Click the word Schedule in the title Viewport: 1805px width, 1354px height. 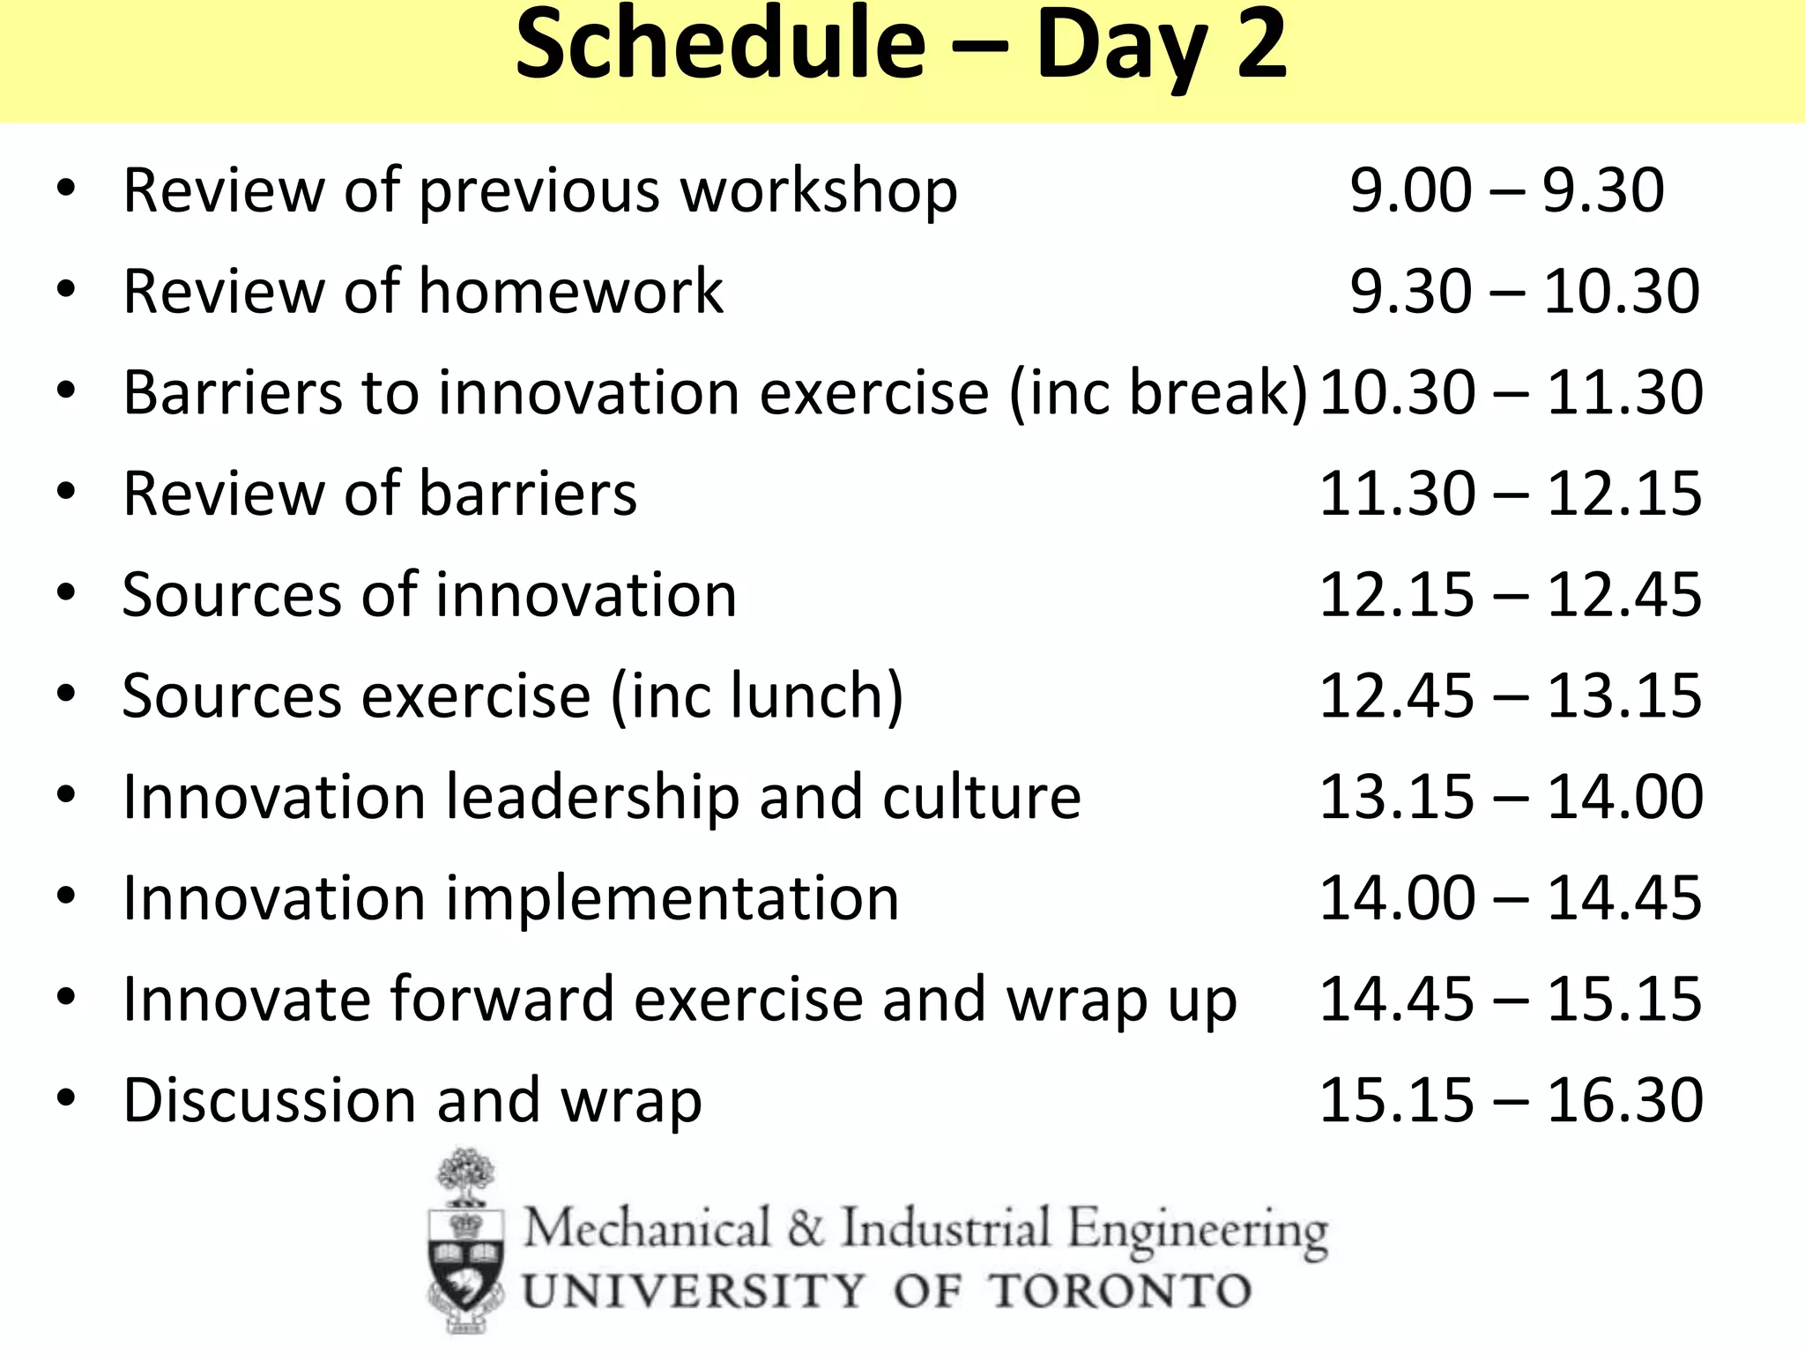[x=720, y=46]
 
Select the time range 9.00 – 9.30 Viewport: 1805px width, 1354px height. [x=1506, y=190]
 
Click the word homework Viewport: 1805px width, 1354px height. [x=571, y=292]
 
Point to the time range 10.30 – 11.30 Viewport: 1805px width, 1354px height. [x=1511, y=392]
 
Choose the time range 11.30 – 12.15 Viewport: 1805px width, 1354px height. [x=1511, y=494]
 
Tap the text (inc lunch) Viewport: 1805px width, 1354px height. [x=756, y=696]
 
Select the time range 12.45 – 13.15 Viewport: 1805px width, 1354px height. [x=1511, y=696]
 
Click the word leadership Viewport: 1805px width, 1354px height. [x=593, y=798]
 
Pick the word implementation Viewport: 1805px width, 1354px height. [x=672, y=899]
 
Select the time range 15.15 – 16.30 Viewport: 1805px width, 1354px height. [x=1511, y=1101]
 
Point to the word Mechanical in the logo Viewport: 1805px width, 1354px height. [x=648, y=1229]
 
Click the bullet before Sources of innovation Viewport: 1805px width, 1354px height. [x=65, y=594]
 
